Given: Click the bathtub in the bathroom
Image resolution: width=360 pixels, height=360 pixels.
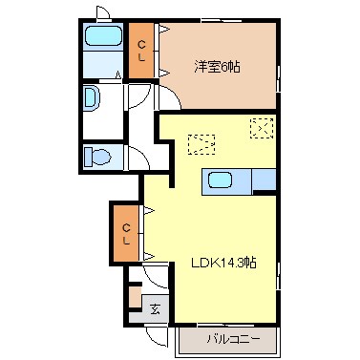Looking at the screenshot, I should coord(102,38).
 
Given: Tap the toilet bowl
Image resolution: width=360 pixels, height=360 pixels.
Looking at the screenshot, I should coord(97,157).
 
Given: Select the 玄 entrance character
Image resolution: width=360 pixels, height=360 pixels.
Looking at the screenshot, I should coord(157,308).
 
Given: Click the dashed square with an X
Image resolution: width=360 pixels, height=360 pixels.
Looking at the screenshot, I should coord(260,127).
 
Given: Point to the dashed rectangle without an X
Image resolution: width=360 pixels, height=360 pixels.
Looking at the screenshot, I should coord(201,143).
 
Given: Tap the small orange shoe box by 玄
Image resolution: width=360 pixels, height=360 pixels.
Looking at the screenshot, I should coord(135,296).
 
